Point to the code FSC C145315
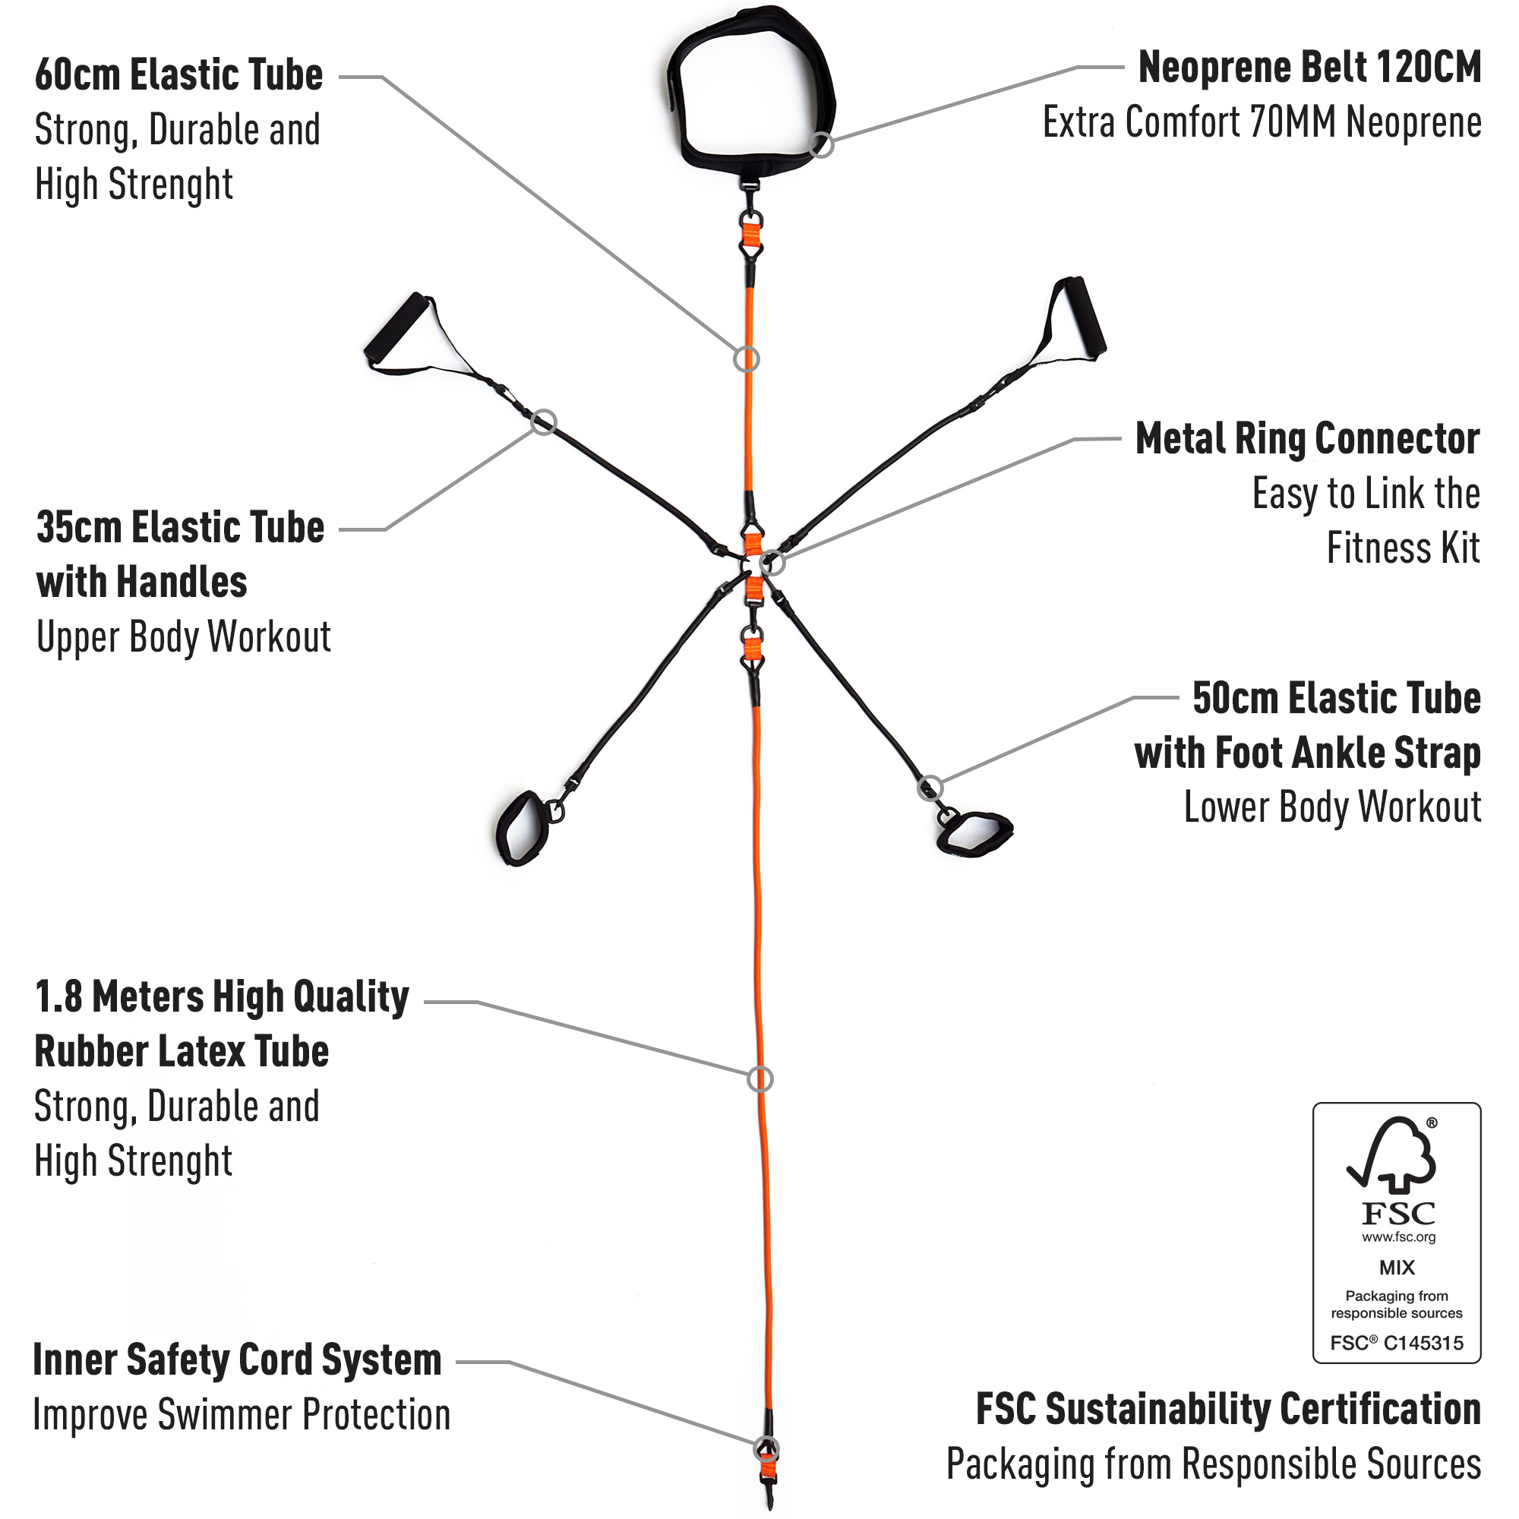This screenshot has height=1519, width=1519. point(1397,1342)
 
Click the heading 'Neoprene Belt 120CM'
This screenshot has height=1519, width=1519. point(1309,67)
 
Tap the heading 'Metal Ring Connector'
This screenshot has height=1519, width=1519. point(1308,439)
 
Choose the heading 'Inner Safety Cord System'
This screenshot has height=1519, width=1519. point(238,1360)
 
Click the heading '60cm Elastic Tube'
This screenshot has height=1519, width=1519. point(179,74)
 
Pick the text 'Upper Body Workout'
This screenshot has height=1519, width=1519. point(184,637)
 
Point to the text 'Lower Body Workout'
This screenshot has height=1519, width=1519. point(1333,807)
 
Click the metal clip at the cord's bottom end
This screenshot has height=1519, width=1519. point(768,1490)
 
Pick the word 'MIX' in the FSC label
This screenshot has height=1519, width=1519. point(1397,1268)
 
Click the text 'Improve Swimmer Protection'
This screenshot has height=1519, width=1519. point(242,1415)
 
